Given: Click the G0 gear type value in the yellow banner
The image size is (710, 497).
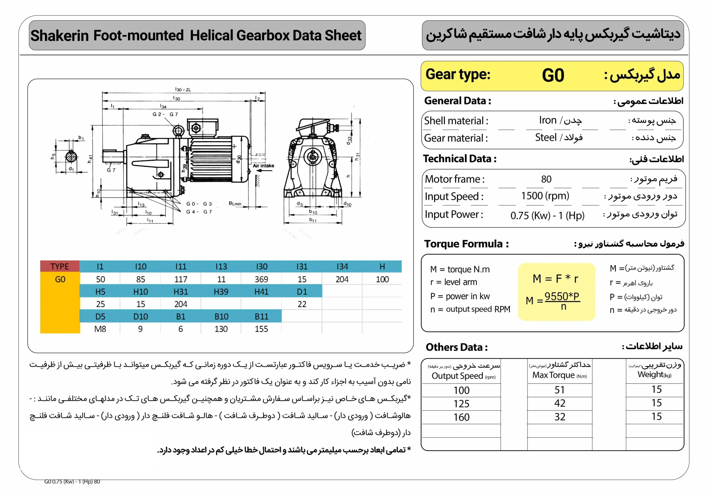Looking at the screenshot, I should tap(553, 75).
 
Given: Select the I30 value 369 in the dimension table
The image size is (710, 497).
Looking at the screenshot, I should tap(261, 279).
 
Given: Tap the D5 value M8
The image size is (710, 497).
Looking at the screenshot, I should tap(100, 329).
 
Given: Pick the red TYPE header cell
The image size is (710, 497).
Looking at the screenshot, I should tap(60, 266).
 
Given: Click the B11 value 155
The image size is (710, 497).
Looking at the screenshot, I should tap(261, 329).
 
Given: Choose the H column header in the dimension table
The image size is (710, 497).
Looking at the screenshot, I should tap(382, 266).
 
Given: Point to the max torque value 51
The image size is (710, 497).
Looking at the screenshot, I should tap(559, 390).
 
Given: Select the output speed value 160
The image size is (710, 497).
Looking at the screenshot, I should tap(461, 417).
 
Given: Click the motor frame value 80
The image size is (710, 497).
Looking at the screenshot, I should tap(546, 179).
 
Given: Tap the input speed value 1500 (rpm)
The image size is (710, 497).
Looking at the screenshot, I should tap(545, 196).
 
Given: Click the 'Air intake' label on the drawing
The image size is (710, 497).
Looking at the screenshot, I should tap(263, 166).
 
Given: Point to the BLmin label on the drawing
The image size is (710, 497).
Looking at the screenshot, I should tap(235, 204).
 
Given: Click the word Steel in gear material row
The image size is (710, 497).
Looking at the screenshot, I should tap(546, 137).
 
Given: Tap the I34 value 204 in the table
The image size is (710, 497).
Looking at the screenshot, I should tap(342, 279).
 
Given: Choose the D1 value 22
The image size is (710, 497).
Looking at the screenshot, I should tap(302, 304).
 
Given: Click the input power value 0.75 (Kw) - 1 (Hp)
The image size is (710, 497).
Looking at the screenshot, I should tap(547, 215).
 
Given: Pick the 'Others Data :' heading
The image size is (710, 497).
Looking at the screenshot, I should tap(457, 347).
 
